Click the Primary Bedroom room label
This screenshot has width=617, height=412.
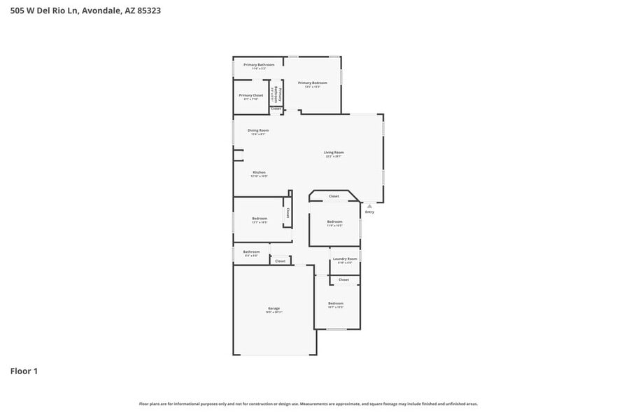(x=313, y=83)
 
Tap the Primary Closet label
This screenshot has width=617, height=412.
(x=250, y=95)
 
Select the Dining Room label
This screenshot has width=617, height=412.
(x=258, y=130)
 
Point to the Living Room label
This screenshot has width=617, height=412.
(x=334, y=153)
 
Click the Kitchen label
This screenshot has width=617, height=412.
(x=259, y=172)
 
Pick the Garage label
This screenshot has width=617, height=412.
(x=274, y=308)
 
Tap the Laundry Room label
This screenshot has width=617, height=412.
(x=345, y=259)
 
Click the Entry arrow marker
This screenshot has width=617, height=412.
(x=369, y=206)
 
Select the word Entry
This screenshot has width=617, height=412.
(x=369, y=212)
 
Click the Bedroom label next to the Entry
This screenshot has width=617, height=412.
(x=334, y=222)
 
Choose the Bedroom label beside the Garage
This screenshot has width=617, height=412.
(x=336, y=303)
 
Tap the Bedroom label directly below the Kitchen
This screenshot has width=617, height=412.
(x=260, y=219)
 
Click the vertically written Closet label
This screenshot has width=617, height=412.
(x=288, y=213)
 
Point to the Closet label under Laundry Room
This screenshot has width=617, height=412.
(x=343, y=280)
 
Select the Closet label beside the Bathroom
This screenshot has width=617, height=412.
(x=280, y=261)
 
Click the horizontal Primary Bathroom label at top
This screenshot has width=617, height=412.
(x=259, y=64)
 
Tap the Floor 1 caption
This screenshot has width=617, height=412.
(x=24, y=371)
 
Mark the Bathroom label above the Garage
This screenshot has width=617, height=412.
(x=251, y=252)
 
